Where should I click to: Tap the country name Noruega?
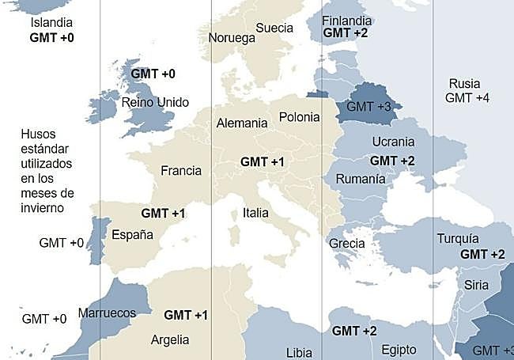(232, 38)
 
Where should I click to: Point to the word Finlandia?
(346, 20)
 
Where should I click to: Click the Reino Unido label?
(155, 103)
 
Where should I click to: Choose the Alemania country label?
(241, 123)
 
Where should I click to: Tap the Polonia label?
(299, 117)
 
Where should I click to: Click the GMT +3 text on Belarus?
(369, 106)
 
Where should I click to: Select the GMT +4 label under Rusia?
(467, 98)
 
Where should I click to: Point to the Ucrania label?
(393, 142)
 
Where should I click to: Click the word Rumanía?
(361, 179)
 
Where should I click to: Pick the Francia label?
(181, 170)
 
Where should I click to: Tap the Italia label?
(255, 213)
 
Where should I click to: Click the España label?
(132, 234)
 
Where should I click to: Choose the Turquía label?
(457, 239)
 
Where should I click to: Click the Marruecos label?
(107, 313)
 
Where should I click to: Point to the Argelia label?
(170, 339)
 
